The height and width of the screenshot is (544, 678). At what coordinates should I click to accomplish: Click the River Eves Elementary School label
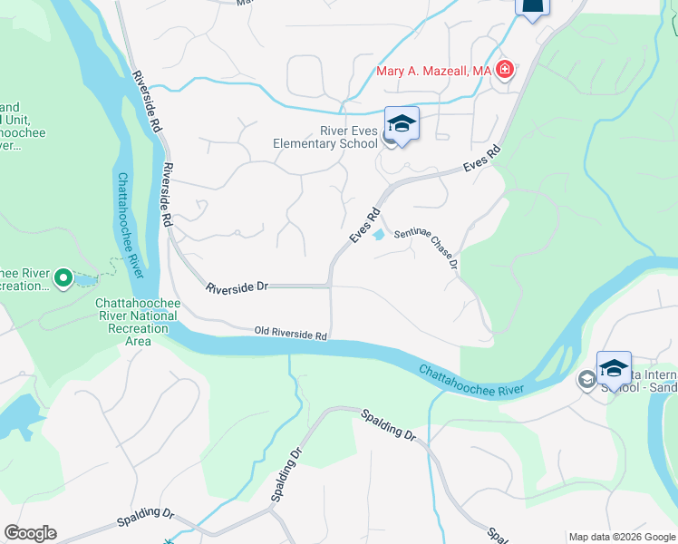(x=326, y=137)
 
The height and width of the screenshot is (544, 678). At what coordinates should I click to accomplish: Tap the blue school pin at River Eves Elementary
(x=402, y=123)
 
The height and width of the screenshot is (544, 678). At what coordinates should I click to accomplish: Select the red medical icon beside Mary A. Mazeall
(x=505, y=70)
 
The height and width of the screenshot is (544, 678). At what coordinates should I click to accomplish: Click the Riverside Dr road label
(x=237, y=287)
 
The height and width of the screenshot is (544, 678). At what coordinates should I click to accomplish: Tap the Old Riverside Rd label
(x=290, y=334)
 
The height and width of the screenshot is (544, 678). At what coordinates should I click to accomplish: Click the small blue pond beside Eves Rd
(x=377, y=235)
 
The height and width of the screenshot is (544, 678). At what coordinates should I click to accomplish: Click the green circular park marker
(x=63, y=278)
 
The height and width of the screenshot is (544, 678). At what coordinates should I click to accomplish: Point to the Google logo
(x=30, y=533)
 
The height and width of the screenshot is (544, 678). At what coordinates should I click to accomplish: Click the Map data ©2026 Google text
(x=622, y=537)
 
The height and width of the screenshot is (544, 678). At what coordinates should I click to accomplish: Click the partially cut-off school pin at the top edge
(x=532, y=7)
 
